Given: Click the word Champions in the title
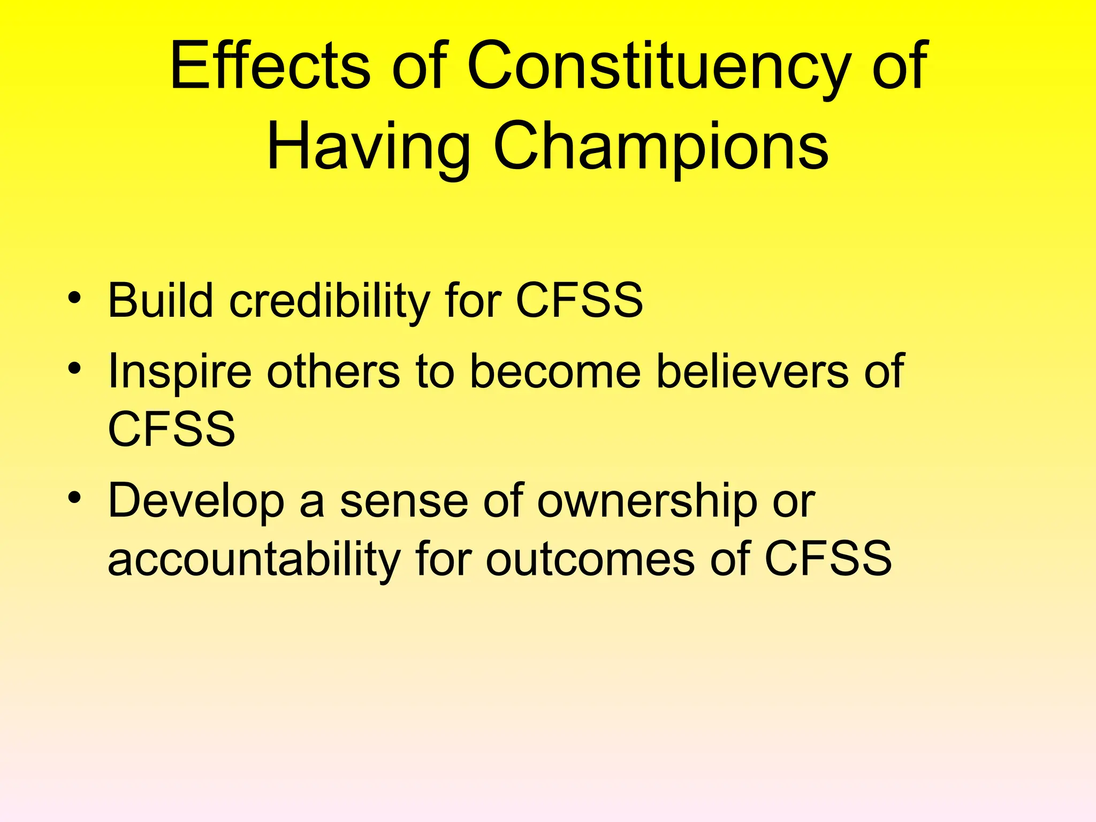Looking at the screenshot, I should (x=661, y=146).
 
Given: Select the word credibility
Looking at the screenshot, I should (x=330, y=300).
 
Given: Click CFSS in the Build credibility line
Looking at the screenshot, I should (x=579, y=300).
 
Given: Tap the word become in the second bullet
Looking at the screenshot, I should (x=555, y=371).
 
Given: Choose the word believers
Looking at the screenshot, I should (x=752, y=371).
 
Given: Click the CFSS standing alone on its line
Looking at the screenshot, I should (x=171, y=429).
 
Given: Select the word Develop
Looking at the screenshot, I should (x=196, y=502).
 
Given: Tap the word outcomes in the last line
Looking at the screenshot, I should (x=590, y=559).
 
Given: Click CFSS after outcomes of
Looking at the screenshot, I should (x=828, y=559).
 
